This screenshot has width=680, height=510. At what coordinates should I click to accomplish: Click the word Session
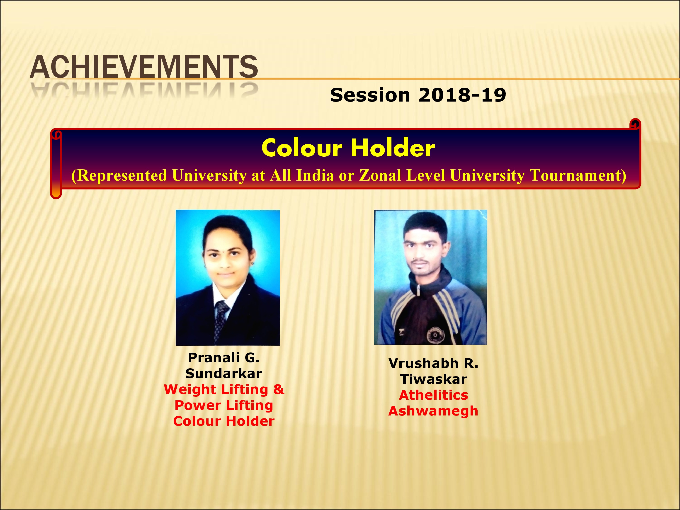(370, 95)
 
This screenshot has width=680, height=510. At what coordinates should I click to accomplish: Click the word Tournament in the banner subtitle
(578, 175)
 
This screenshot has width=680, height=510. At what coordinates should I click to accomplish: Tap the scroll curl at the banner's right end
(635, 124)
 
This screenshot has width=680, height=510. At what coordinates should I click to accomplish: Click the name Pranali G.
(224, 357)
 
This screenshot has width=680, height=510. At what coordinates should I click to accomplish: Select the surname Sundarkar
(224, 374)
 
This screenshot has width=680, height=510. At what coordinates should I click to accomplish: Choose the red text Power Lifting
(224, 406)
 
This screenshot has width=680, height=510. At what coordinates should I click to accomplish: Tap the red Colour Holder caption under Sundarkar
(224, 421)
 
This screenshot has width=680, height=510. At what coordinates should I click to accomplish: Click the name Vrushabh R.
(433, 363)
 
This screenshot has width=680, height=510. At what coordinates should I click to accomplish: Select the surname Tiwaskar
(433, 379)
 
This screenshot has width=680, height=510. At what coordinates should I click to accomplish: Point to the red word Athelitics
(433, 395)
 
